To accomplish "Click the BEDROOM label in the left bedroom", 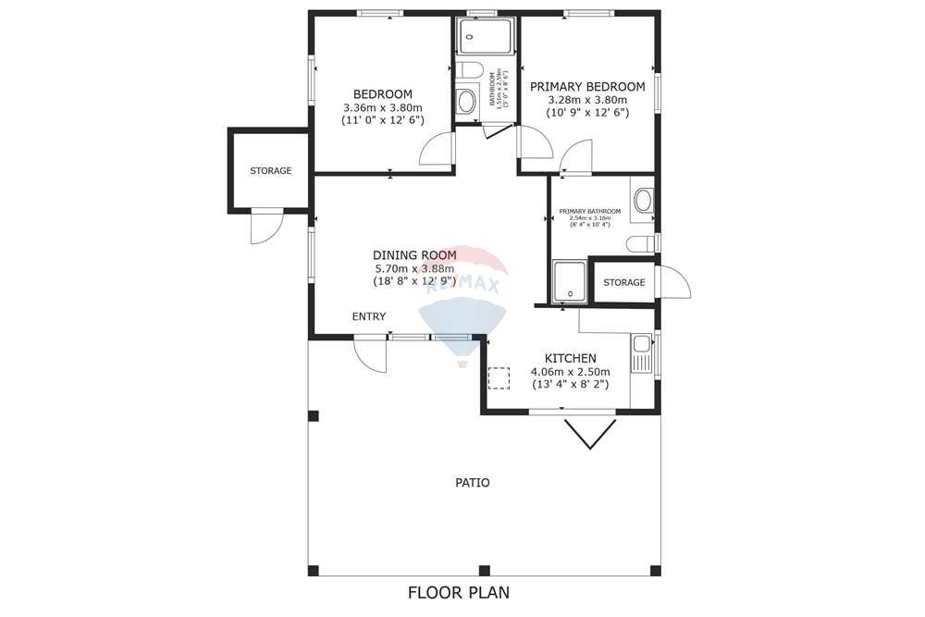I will (382, 94).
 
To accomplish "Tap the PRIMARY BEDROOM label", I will (587, 87).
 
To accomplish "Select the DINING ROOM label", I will (414, 255).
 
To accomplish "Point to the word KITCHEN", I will (570, 359).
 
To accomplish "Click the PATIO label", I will (472, 483).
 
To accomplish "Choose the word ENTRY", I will (368, 317).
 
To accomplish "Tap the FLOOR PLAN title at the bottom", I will (459, 592).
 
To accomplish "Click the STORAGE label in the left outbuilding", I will (270, 171).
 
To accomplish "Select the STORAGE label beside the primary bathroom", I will (623, 283).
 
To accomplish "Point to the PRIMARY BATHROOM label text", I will (589, 212).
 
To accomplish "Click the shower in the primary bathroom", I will (570, 282).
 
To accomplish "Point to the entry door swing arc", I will (370, 356).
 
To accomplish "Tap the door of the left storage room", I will (265, 228).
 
